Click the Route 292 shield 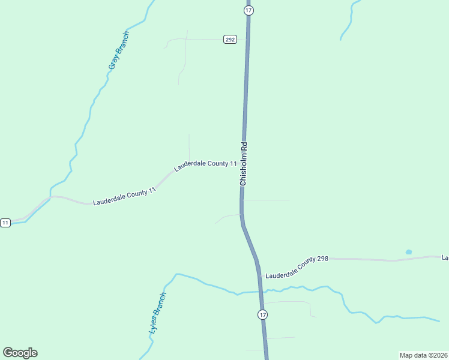pos(230,40)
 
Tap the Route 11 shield pos(5,223)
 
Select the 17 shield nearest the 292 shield pos(249,10)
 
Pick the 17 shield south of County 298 pos(262,314)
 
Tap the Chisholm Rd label pos(244,163)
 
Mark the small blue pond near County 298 pos(409,252)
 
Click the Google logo pos(20,353)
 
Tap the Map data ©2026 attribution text pos(424,355)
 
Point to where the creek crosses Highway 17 pos(261,291)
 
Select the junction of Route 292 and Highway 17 pos(247,40)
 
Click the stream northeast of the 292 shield pos(347,24)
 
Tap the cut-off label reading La pos(445,257)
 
